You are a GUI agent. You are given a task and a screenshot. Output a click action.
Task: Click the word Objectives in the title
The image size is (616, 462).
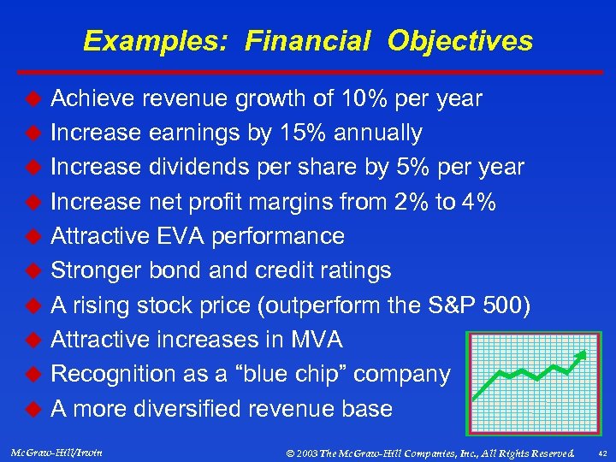pyautogui.click(x=460, y=41)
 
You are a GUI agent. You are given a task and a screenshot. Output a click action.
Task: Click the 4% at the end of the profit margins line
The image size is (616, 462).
pyautogui.click(x=475, y=201)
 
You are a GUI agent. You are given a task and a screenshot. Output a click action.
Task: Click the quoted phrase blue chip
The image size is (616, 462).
pyautogui.click(x=310, y=374)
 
